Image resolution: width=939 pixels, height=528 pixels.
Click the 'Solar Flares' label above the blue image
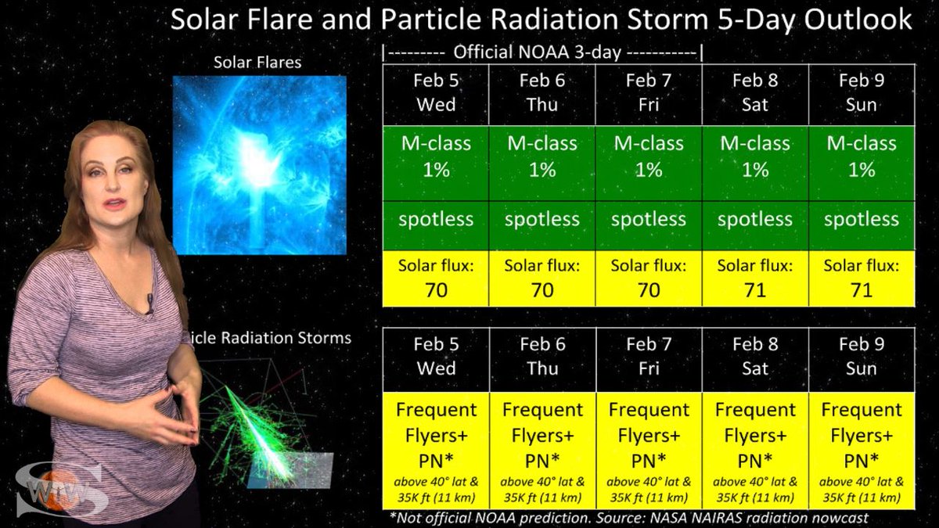[257, 63]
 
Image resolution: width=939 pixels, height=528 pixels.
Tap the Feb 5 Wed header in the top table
[436, 95]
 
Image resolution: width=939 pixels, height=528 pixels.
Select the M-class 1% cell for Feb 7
[649, 163]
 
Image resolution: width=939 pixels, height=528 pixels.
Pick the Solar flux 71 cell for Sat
[755, 278]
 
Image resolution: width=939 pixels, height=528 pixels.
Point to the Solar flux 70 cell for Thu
[542, 278]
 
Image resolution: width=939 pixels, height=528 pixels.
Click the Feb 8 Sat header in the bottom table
[755, 360]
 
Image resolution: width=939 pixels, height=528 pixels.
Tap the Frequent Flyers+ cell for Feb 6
[542, 451]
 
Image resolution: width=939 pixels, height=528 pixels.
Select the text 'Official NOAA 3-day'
[537, 52]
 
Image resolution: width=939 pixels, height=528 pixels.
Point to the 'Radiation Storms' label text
[286, 338]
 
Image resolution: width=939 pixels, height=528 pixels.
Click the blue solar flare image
[260, 165]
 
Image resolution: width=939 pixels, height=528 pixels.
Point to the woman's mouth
[115, 203]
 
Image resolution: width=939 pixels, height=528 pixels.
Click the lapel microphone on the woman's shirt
[149, 304]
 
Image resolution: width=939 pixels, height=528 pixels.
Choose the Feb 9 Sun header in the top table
[862, 95]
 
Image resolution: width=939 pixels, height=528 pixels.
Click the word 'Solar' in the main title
[205, 20]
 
